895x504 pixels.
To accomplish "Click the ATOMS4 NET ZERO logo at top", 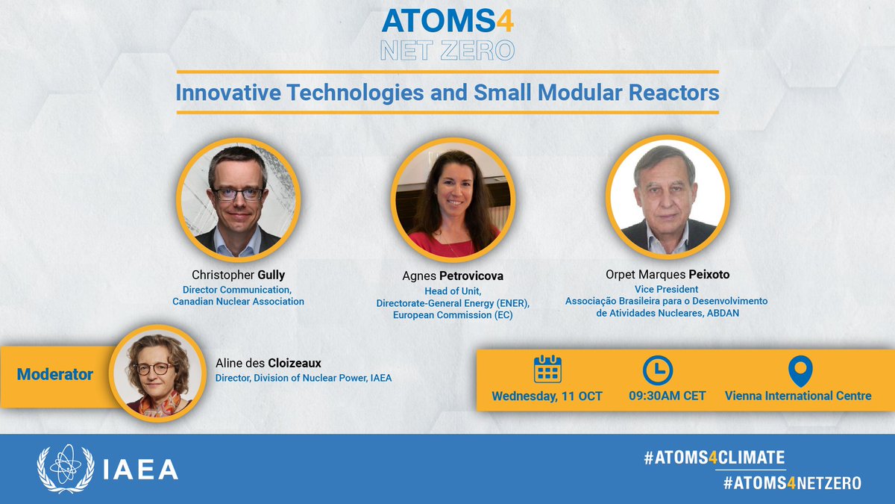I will pyautogui.click(x=447, y=34).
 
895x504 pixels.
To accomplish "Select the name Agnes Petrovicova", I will pyautogui.click(x=453, y=276).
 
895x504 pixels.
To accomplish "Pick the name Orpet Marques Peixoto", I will pyautogui.click(x=666, y=275).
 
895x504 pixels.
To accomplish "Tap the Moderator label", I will pyautogui.click(x=55, y=374).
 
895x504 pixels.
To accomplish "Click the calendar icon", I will pyautogui.click(x=547, y=369).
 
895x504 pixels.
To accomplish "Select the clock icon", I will pyautogui.click(x=657, y=370).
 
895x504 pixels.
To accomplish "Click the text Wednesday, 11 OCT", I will pyautogui.click(x=547, y=396).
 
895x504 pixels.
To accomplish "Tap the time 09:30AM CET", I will pyautogui.click(x=658, y=396).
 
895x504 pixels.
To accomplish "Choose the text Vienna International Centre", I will pyautogui.click(x=798, y=396).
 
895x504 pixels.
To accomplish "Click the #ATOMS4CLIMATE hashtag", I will pyautogui.click(x=714, y=458).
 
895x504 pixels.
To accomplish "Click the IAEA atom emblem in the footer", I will pyautogui.click(x=66, y=469).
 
